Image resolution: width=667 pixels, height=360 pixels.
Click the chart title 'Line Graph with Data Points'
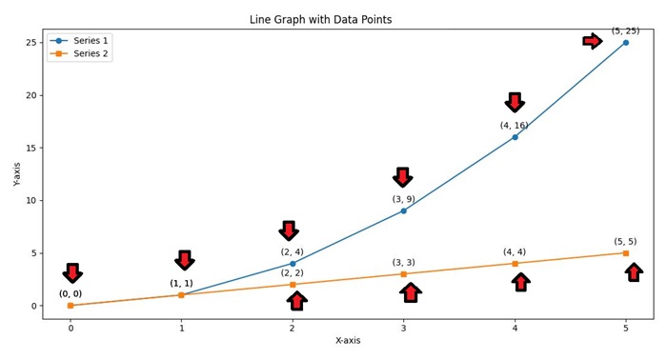[347, 19]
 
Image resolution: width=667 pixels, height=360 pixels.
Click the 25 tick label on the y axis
[30, 43]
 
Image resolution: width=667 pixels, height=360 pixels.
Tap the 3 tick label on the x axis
[403, 329]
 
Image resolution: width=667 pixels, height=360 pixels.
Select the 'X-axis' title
[347, 341]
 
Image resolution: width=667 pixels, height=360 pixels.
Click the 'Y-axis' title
[16, 173]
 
